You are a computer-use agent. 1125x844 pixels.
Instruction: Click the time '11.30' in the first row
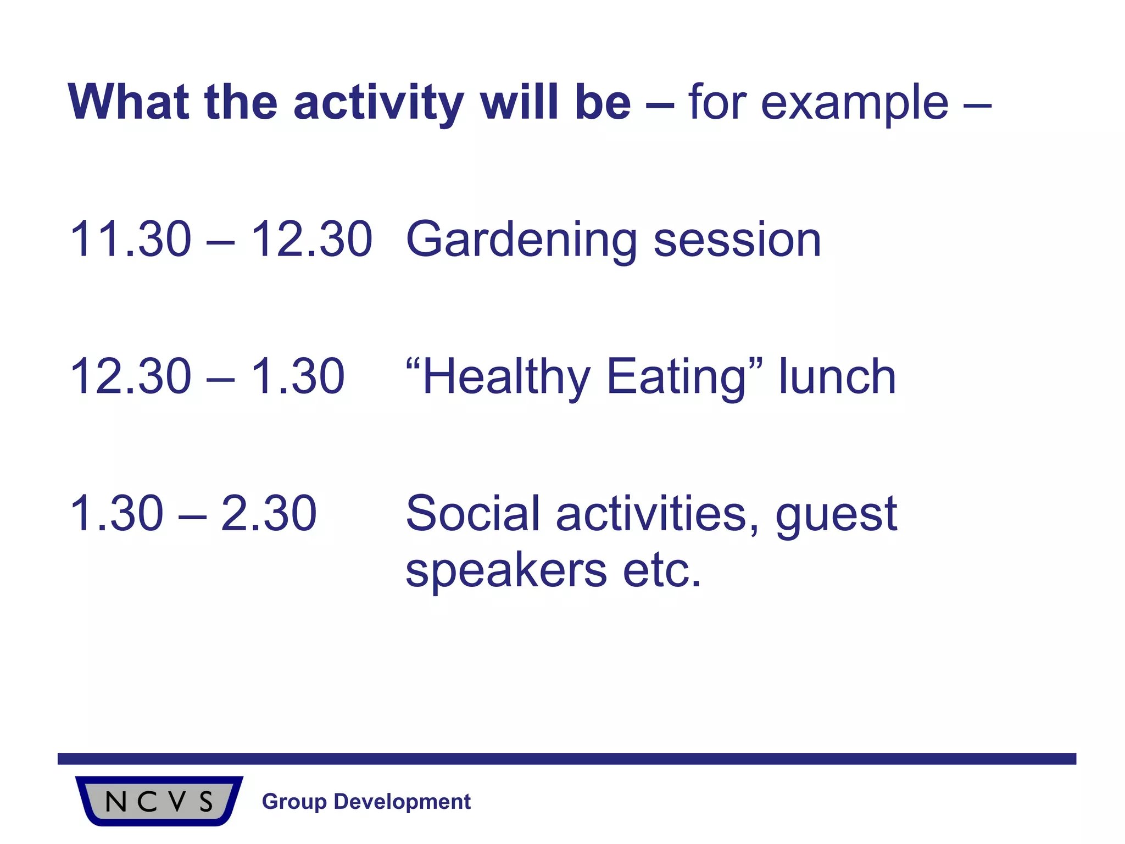131,239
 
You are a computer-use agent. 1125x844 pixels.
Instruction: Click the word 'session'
737,240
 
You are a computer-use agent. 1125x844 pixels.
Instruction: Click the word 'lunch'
837,376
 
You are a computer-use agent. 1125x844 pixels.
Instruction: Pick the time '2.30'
269,514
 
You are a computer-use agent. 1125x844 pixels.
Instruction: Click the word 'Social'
473,514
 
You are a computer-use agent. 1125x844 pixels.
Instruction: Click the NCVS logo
159,801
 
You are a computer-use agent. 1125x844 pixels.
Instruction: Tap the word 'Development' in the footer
402,802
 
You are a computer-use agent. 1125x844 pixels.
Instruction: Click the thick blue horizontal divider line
566,759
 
